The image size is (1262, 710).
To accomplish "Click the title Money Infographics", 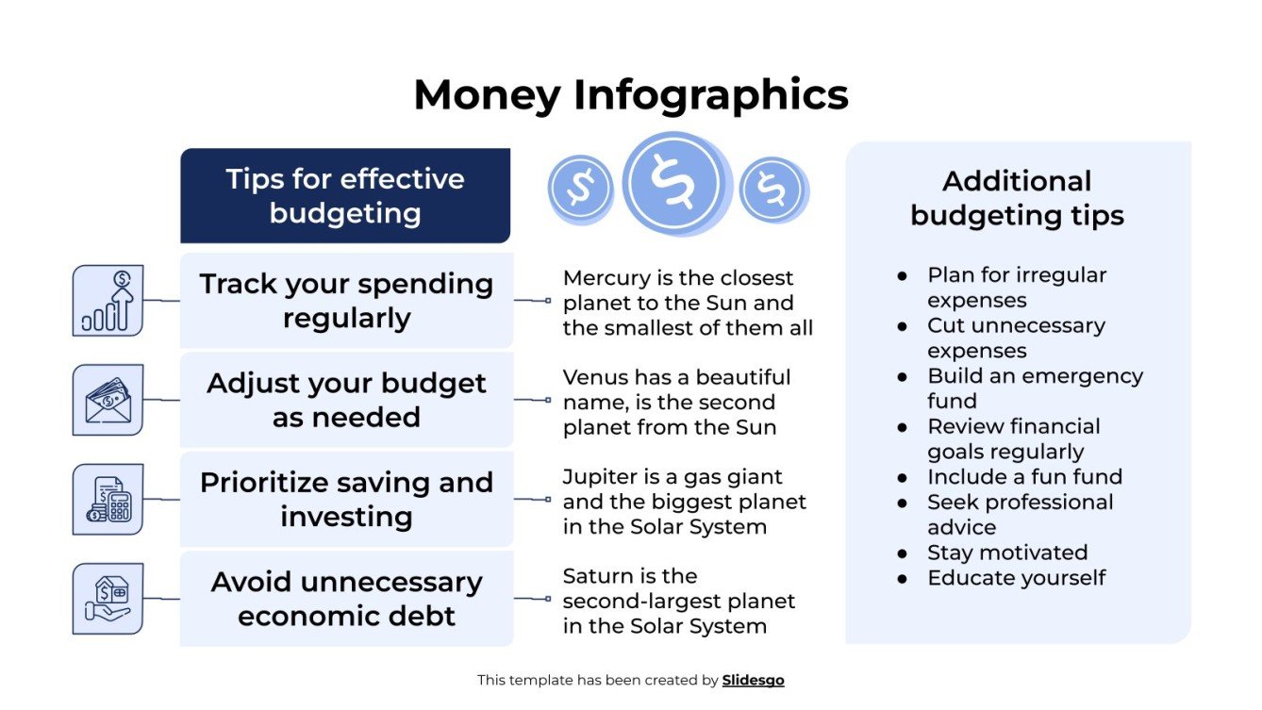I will coord(630,95).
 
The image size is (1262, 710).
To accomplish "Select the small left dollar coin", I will coord(580,188).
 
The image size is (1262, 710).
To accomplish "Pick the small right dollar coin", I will coord(772,189).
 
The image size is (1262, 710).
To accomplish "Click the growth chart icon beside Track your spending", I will coord(108,301).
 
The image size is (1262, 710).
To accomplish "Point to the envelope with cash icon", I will coord(108,400).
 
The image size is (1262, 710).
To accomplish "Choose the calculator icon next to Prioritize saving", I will coord(108,500).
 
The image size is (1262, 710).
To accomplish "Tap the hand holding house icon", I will coord(108,599).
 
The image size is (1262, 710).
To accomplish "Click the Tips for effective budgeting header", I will coord(345,196).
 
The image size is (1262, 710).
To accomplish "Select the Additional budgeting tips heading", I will coord(1017,198).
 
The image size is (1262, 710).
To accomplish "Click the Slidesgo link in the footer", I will coord(753,680).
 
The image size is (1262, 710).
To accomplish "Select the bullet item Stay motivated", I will coord(1007,553).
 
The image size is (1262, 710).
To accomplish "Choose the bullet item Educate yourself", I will coord(1016,578).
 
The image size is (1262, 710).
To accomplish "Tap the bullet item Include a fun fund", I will coord(1024,477).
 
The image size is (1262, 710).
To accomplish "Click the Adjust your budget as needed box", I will coord(346,400).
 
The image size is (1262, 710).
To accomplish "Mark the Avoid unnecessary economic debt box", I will coord(346,599).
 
